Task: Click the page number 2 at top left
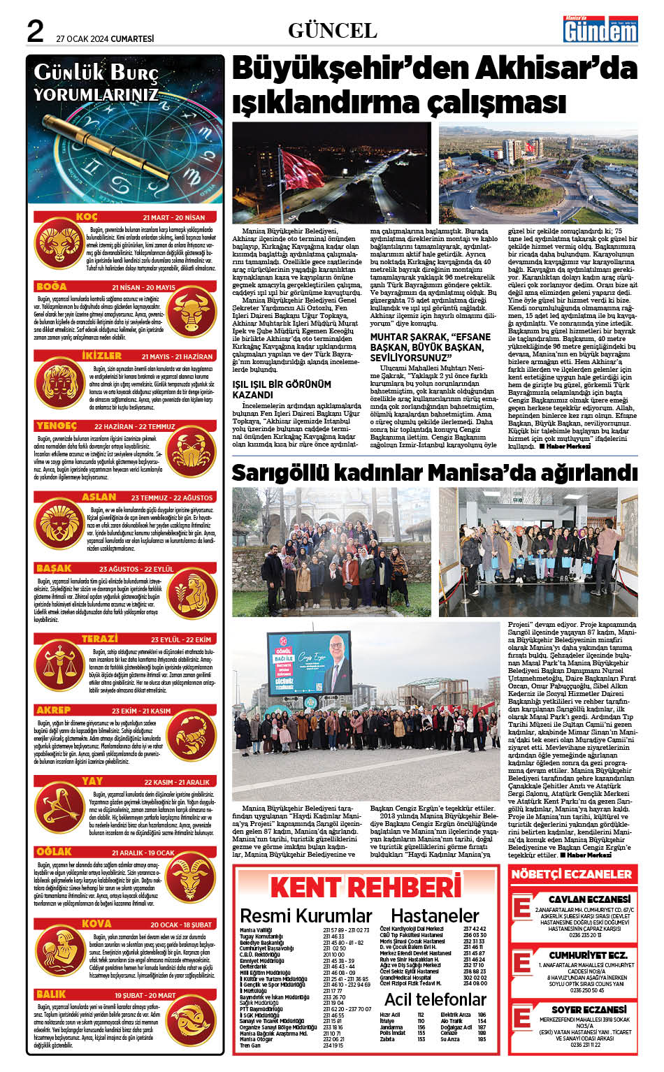[x=34, y=31]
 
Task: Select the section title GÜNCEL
[x=332, y=31]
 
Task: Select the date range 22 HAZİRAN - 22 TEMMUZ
[x=134, y=426]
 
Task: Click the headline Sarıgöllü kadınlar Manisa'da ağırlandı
[x=434, y=472]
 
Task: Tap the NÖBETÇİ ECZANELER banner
[x=571, y=874]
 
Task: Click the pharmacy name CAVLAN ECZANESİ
[x=589, y=899]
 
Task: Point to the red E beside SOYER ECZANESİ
[x=521, y=1020]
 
